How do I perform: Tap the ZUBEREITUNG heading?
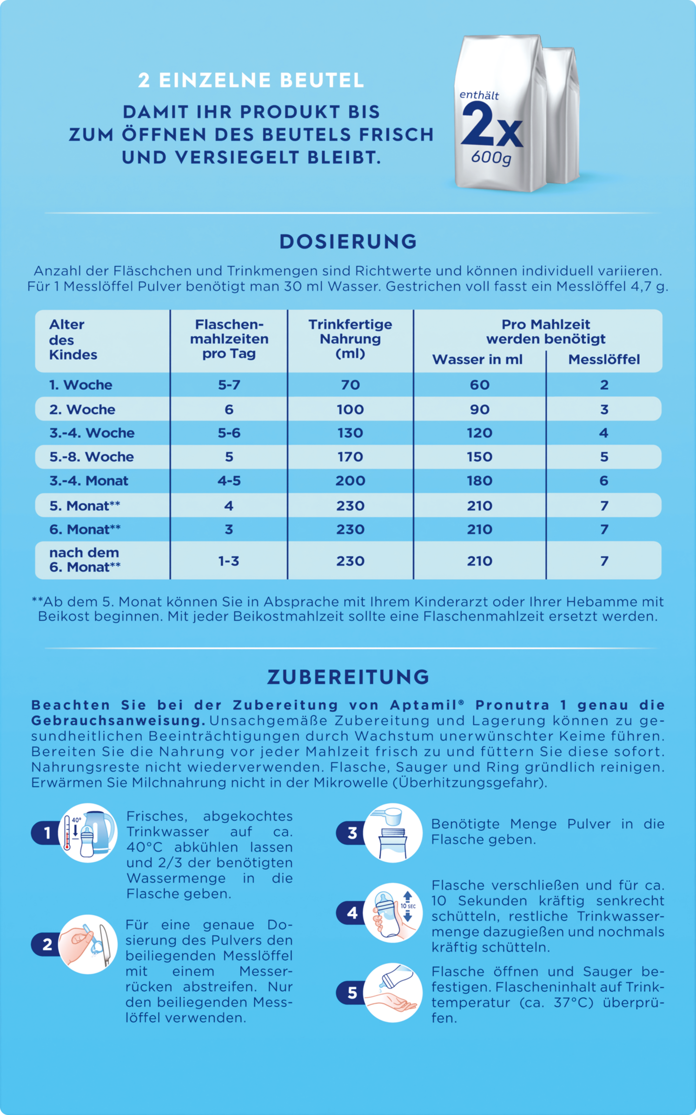[x=348, y=677]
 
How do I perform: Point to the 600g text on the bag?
[x=491, y=157]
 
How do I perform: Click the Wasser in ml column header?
[x=477, y=360]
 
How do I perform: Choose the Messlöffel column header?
[x=604, y=360]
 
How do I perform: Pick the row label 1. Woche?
[x=80, y=385]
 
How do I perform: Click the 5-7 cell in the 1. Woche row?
[x=229, y=385]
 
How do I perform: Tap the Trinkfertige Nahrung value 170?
[x=350, y=457]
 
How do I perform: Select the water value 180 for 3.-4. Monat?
[x=479, y=481]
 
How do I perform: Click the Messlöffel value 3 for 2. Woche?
[x=604, y=409]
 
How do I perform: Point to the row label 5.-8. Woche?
[x=92, y=457]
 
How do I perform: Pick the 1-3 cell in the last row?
[x=229, y=561]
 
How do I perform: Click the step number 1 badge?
[x=46, y=833]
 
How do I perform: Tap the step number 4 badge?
[x=352, y=913]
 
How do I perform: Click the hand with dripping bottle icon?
[x=393, y=992]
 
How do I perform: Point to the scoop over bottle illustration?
[x=393, y=833]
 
